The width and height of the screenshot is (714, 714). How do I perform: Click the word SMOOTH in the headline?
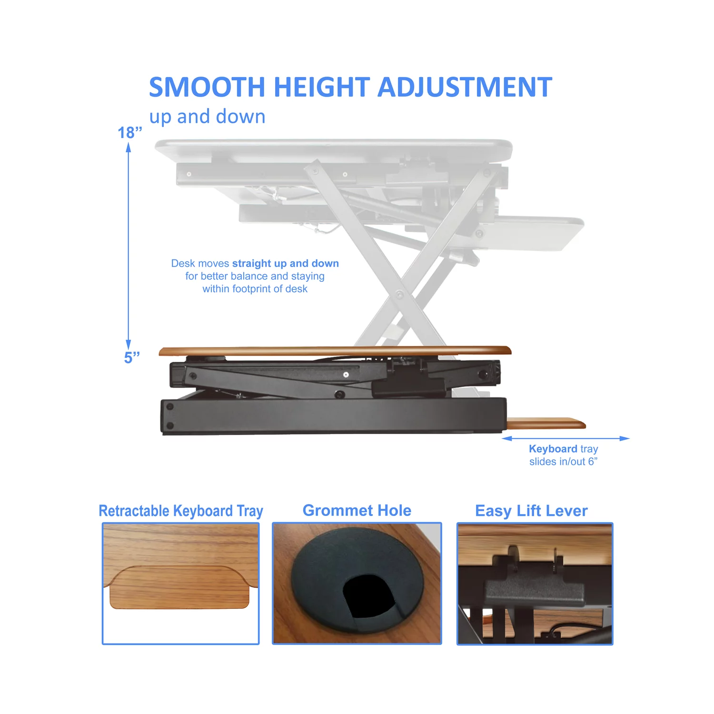pyautogui.click(x=207, y=87)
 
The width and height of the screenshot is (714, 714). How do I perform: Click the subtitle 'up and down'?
pyautogui.click(x=207, y=117)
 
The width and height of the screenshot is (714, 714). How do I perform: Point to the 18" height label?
pyautogui.click(x=130, y=132)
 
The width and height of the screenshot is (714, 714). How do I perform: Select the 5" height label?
pyautogui.click(x=132, y=357)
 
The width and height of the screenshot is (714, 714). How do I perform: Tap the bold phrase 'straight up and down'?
pyautogui.click(x=286, y=263)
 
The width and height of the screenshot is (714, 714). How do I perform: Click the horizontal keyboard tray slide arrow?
pyautogui.click(x=565, y=438)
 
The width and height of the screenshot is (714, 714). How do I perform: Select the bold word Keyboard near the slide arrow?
pyautogui.click(x=553, y=449)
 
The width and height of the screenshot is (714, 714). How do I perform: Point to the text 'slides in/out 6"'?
pyautogui.click(x=563, y=462)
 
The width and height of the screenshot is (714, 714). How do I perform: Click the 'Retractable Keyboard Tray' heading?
pyautogui.click(x=181, y=511)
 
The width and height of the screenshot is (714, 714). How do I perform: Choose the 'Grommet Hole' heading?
pyautogui.click(x=357, y=510)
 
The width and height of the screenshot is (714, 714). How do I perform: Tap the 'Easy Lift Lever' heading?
pyautogui.click(x=531, y=511)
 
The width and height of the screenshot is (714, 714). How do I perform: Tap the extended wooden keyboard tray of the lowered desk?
pyautogui.click(x=546, y=423)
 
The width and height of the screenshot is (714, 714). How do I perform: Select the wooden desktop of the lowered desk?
pyautogui.click(x=335, y=351)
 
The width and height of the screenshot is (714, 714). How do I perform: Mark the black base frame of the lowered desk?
pyautogui.click(x=333, y=415)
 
